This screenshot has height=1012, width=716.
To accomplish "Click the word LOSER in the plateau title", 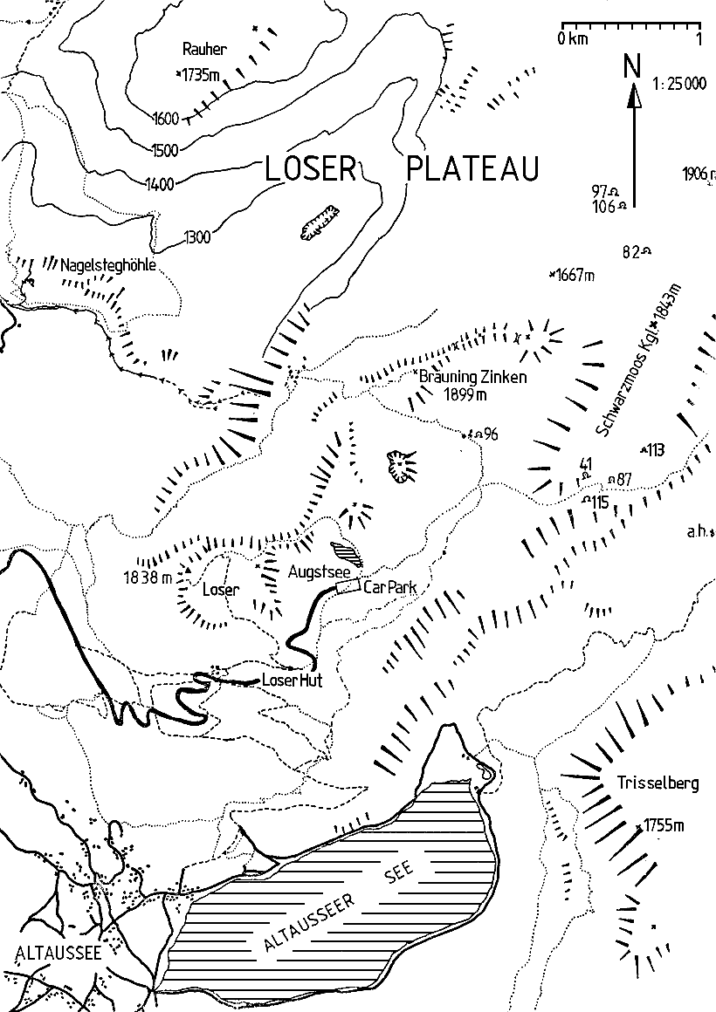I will coord(310,169).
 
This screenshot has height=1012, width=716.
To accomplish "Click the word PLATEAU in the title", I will coord(472,169).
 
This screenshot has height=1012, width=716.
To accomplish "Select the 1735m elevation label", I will coord(200,75).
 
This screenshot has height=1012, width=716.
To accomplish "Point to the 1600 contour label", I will coord(164,119).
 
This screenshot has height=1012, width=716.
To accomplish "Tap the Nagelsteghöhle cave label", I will coord(108,264).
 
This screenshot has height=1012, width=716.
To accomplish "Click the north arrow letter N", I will coord(633,65).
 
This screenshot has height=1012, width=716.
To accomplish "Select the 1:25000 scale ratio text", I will coord(678,84).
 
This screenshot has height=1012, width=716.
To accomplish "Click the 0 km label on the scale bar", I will coord(572,39).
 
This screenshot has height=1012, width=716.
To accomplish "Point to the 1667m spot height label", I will coord(575,276).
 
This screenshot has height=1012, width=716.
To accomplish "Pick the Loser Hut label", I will coord(286,681).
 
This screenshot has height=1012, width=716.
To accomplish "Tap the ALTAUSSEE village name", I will coord(52,953).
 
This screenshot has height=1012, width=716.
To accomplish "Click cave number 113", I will coord(655,450).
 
